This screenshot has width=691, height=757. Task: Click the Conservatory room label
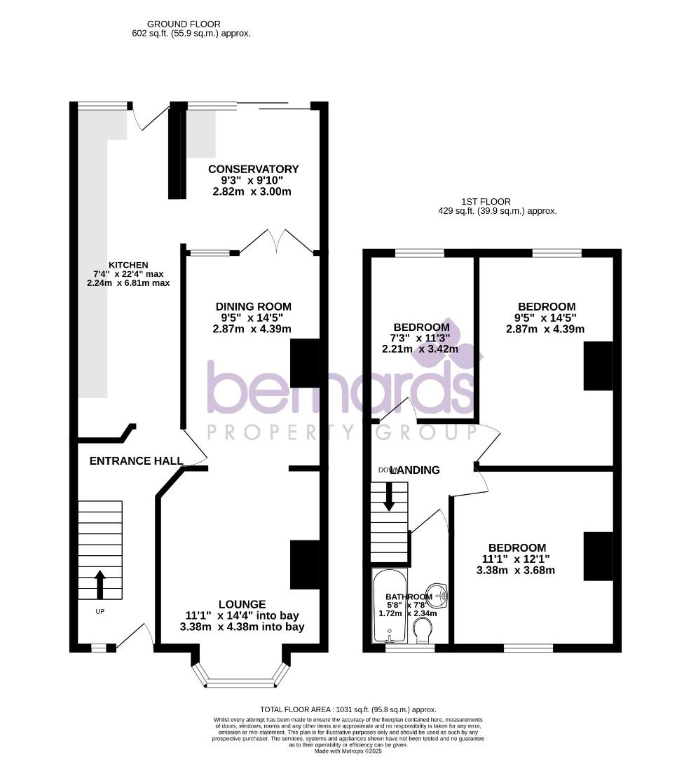(x=253, y=169)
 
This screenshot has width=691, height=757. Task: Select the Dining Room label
(x=253, y=306)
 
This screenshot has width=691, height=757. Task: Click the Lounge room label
(x=242, y=603)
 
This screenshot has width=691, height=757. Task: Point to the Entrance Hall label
(x=137, y=461)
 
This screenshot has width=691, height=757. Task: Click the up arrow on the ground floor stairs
(x=100, y=584)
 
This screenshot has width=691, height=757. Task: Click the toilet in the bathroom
(x=423, y=633)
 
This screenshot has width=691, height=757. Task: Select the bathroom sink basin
(x=439, y=594)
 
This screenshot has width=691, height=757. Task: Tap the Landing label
(x=418, y=470)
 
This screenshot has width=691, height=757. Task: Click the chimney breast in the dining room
(x=304, y=362)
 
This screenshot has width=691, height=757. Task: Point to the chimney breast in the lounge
(x=304, y=564)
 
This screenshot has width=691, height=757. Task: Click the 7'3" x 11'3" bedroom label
(x=420, y=327)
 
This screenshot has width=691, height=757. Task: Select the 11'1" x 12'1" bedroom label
(x=517, y=547)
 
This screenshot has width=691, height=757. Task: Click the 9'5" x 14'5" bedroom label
(x=547, y=306)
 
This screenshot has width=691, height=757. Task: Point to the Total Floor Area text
(x=348, y=709)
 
